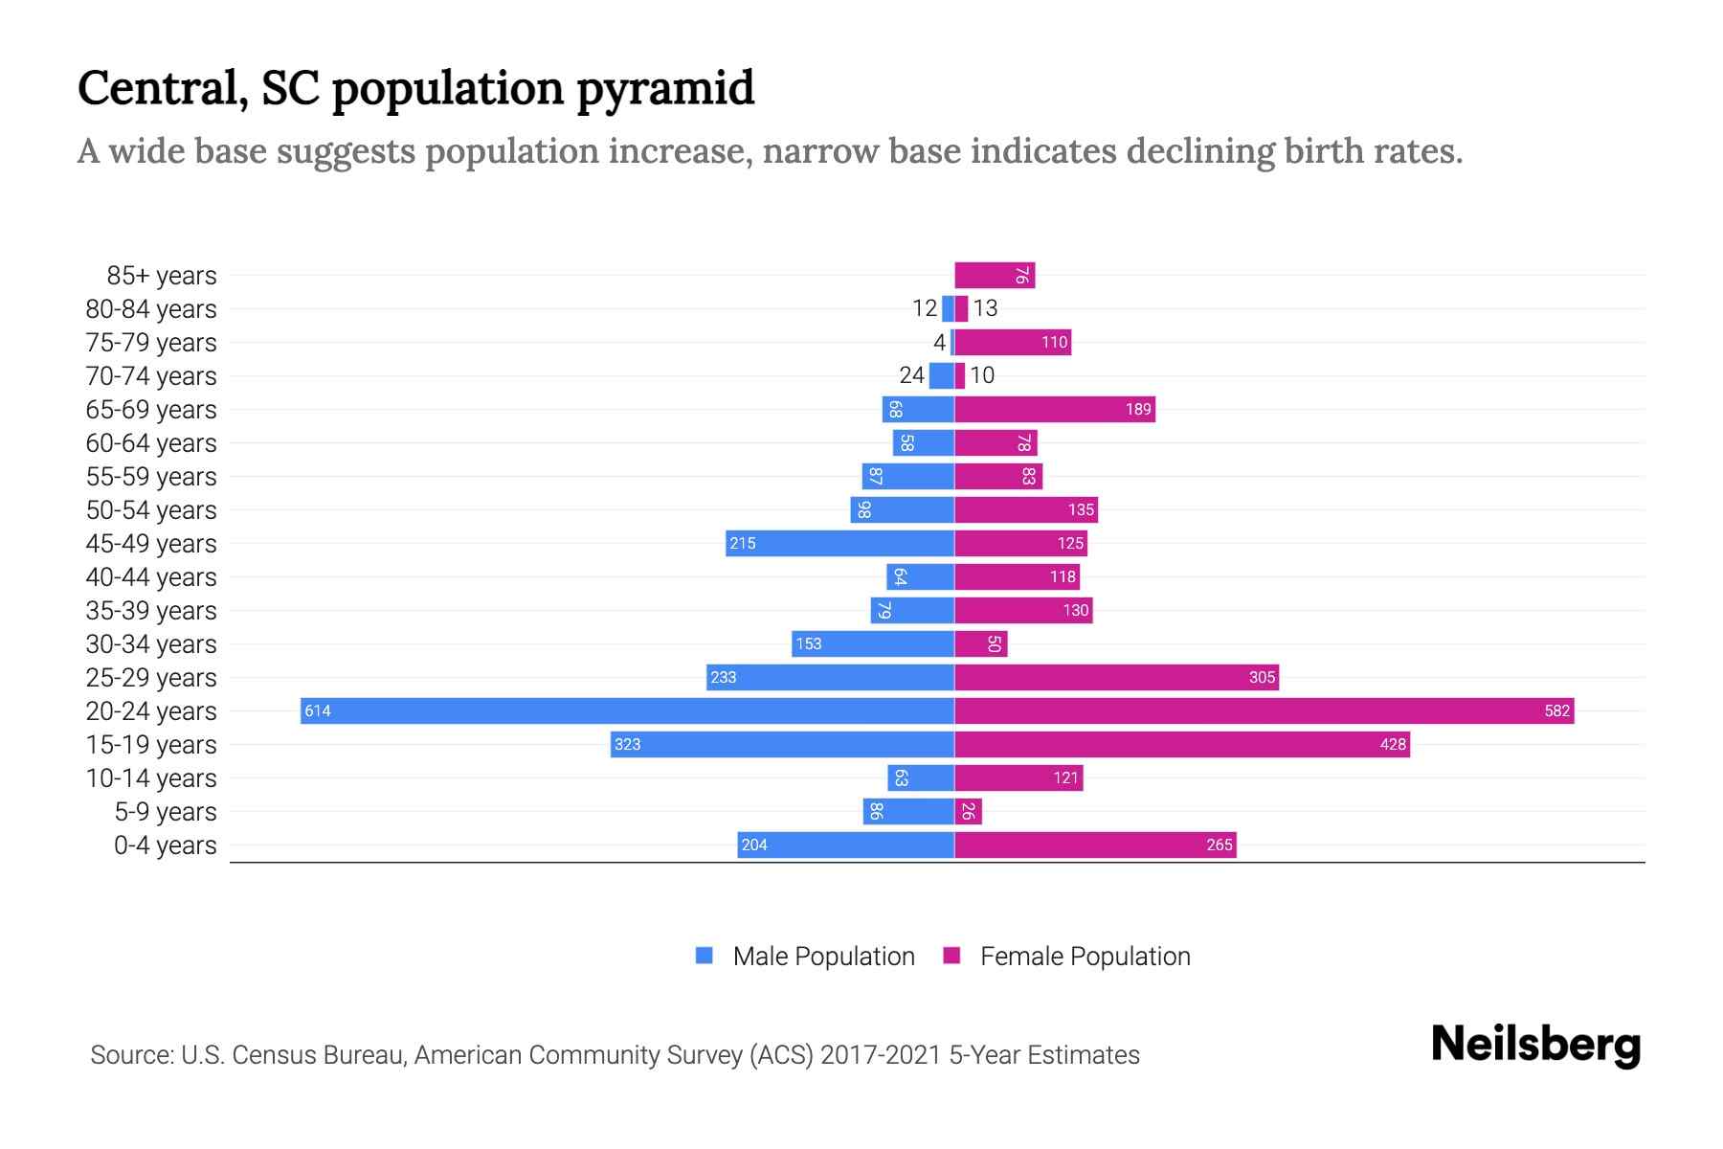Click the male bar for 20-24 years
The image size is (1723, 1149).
click(x=627, y=710)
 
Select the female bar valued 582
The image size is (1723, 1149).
click(x=1264, y=710)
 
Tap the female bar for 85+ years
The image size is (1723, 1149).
click(x=995, y=275)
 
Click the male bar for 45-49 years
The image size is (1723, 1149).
click(x=839, y=543)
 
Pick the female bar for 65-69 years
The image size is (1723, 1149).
click(x=1055, y=409)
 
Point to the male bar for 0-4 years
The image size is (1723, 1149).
click(x=845, y=845)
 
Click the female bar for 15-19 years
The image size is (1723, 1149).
click(x=1182, y=744)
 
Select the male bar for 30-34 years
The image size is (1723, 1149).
click(x=873, y=643)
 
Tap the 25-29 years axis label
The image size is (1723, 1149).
click(x=151, y=678)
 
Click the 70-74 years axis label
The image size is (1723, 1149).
click(x=151, y=376)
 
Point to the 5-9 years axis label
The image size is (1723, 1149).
click(x=166, y=812)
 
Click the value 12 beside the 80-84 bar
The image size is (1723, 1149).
click(x=925, y=308)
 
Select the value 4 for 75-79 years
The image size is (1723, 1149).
click(x=939, y=342)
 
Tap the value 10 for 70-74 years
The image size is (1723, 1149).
click(x=982, y=375)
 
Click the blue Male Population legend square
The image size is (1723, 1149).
click(x=705, y=956)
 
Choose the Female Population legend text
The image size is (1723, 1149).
click(x=1085, y=957)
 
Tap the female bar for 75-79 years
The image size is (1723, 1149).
click(x=1013, y=342)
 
